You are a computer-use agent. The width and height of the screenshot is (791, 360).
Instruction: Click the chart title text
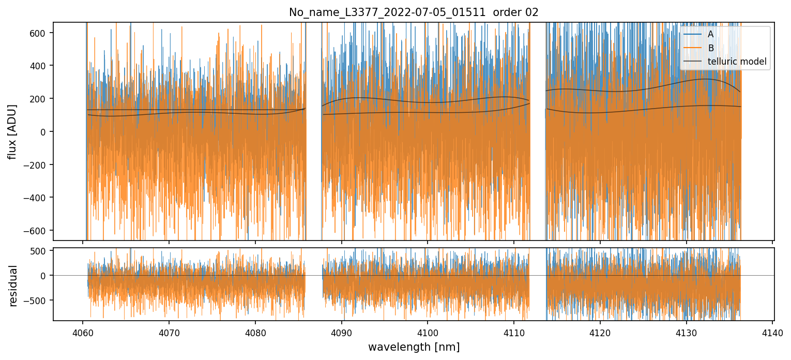pos(414,12)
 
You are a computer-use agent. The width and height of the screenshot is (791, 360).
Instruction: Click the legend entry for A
pos(710,35)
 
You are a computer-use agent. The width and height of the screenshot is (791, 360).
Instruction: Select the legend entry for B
pos(710,48)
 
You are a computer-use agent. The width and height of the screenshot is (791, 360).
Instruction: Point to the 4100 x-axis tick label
pos(428,332)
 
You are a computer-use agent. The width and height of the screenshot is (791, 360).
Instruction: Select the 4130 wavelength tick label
pos(686,332)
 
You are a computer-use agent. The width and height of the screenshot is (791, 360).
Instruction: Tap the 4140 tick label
pos(772,332)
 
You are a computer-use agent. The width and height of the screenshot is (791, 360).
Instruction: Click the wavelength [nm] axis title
pos(414,347)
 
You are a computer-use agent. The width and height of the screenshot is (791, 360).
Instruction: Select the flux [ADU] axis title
pos(12,131)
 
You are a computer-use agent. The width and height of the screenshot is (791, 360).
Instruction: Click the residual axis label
pos(13,285)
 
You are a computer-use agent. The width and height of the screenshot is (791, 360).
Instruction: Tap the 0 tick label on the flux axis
pos(44,131)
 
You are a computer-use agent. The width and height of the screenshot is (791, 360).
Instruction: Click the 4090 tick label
pos(341,332)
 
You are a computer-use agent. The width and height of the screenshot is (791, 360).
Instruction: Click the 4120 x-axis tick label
pos(600,332)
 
